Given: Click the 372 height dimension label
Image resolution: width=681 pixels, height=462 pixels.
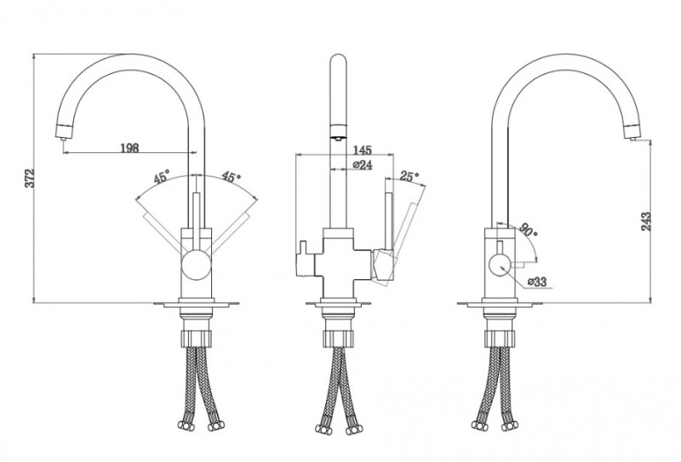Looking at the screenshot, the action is point(30,178).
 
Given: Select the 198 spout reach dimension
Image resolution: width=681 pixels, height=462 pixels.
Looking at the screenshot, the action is point(129,148).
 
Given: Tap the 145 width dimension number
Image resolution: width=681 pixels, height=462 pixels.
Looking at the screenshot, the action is point(363,151).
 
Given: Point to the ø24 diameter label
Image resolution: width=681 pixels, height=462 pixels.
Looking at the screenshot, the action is point(363,165).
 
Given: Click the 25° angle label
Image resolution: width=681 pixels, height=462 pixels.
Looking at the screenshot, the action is point(409,176).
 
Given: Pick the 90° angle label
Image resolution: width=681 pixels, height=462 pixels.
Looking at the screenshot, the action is point(528,230).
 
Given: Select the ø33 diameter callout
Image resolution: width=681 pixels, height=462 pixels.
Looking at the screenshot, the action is point(537,282).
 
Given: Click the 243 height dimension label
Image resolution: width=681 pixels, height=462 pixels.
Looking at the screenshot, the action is point(646,221).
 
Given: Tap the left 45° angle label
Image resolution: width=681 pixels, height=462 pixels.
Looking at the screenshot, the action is point(161,178).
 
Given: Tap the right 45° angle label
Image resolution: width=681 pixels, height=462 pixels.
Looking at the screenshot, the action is point(231,177).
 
